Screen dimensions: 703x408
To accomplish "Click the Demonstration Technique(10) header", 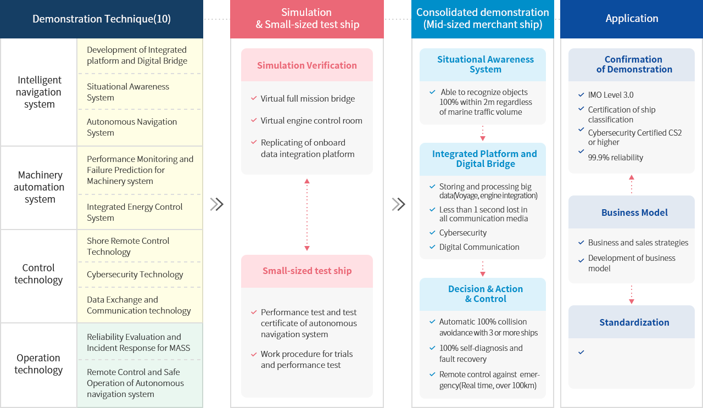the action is pyautogui.click(x=102, y=19).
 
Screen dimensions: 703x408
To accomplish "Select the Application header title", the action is pyautogui.click(x=632, y=19).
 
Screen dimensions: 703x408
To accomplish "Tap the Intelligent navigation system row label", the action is pyautogui.click(x=39, y=92).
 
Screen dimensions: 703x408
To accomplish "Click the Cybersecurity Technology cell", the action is pyautogui.click(x=135, y=275).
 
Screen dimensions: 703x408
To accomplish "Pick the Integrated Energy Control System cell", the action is pyautogui.click(x=135, y=212).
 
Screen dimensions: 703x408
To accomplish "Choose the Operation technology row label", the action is pyautogui.click(x=38, y=364).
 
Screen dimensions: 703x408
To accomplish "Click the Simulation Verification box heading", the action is pyautogui.click(x=307, y=65).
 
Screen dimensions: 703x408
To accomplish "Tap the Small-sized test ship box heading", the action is pyautogui.click(x=307, y=271).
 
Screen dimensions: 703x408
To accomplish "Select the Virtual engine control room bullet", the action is pyautogui.click(x=311, y=120).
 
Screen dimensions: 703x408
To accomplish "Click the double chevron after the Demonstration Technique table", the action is pyautogui.click(x=216, y=204).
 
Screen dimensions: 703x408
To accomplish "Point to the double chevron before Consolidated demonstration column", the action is pyautogui.click(x=399, y=204).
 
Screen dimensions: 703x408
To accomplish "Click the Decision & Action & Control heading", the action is pyautogui.click(x=486, y=294).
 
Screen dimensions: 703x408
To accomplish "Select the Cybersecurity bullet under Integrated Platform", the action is pyautogui.click(x=463, y=233).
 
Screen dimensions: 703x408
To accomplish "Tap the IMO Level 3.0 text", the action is pyautogui.click(x=611, y=95).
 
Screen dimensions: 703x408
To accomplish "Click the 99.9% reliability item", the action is pyautogui.click(x=616, y=158).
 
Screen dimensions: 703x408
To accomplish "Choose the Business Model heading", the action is pyautogui.click(x=634, y=213).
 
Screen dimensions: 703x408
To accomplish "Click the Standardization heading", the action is pyautogui.click(x=634, y=322).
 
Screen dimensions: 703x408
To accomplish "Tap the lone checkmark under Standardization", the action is pyautogui.click(x=581, y=352).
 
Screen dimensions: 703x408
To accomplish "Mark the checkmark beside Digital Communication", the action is pyautogui.click(x=432, y=247).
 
